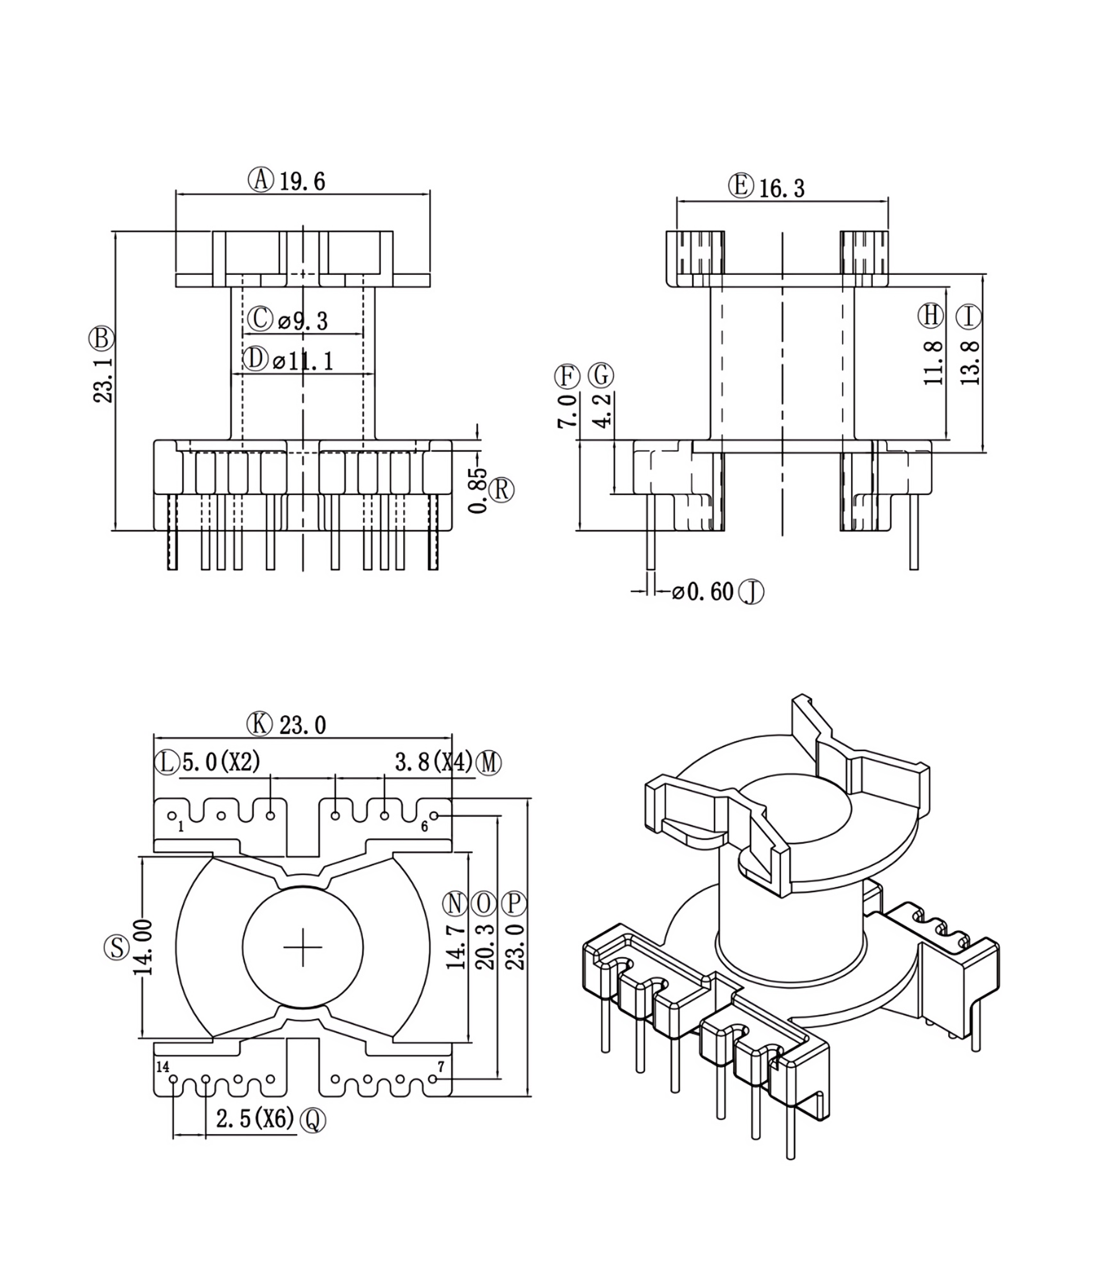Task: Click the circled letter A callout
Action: [x=260, y=180]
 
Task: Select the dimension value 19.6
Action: [x=302, y=182]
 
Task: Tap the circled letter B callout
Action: [x=101, y=338]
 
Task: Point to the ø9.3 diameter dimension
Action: [x=303, y=321]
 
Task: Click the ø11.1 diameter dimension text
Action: [x=302, y=361]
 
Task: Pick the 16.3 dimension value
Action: [x=781, y=188]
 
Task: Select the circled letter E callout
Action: [x=741, y=185]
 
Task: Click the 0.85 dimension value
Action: [x=478, y=491]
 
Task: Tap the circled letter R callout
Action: [x=501, y=491]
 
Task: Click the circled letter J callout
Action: [x=752, y=592]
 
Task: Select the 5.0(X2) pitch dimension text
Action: [x=221, y=763]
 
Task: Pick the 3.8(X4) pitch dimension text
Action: [x=434, y=763]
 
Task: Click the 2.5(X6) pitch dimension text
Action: [x=255, y=1118]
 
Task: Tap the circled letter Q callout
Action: [x=312, y=1120]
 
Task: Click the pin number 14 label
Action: [x=163, y=1067]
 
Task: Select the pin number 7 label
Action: [x=440, y=1066]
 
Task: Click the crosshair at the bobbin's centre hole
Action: [x=303, y=947]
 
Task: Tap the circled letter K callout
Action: [x=259, y=725]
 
